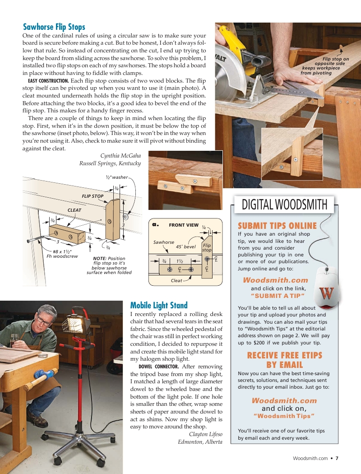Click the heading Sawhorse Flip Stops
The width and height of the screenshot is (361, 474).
coord(54,27)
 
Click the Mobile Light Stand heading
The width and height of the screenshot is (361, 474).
coord(158,305)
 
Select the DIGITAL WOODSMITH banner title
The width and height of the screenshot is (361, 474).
coord(284,204)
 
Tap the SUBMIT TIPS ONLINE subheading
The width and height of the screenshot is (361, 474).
coord(277,226)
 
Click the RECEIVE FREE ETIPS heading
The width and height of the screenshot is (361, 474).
coord(284,355)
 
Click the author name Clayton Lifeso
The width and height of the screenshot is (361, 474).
coord(205,434)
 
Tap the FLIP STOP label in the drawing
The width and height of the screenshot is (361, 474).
coord(92,196)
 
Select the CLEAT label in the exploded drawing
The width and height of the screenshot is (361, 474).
coord(74,210)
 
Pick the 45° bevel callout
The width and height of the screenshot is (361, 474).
coord(185,246)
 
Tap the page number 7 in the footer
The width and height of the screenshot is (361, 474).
coord(337,458)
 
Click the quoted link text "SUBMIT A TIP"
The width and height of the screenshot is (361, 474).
coord(278,296)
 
